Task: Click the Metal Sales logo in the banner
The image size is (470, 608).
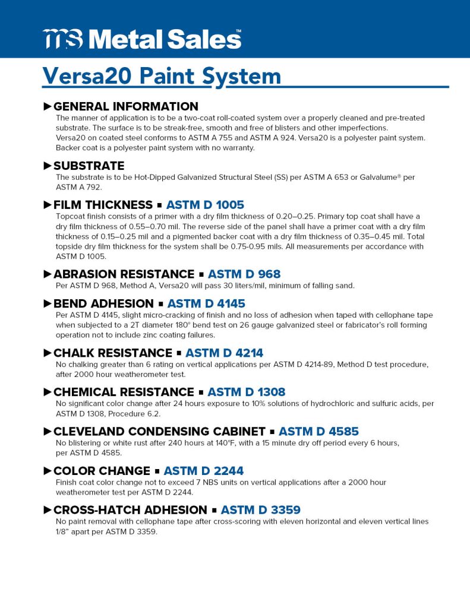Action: point(143,39)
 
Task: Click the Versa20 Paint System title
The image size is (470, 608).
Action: point(162,76)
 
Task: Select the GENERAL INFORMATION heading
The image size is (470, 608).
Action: point(125,107)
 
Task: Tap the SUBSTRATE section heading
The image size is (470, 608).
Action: point(89,166)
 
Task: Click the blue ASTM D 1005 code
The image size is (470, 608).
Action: point(205,205)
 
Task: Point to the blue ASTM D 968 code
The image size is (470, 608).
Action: point(244,274)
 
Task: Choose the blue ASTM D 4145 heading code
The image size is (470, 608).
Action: point(206,303)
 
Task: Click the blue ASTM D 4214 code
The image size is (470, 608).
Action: point(224,353)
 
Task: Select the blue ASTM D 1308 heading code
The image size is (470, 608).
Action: point(246,392)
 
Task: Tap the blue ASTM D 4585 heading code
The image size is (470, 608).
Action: point(318,432)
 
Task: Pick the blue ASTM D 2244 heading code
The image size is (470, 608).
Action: point(203,471)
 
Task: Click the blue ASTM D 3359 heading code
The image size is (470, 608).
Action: point(260,510)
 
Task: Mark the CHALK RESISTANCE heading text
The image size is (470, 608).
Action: point(112,353)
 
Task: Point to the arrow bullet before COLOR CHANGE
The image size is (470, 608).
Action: point(48,471)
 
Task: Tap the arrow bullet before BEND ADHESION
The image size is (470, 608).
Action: point(48,303)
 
